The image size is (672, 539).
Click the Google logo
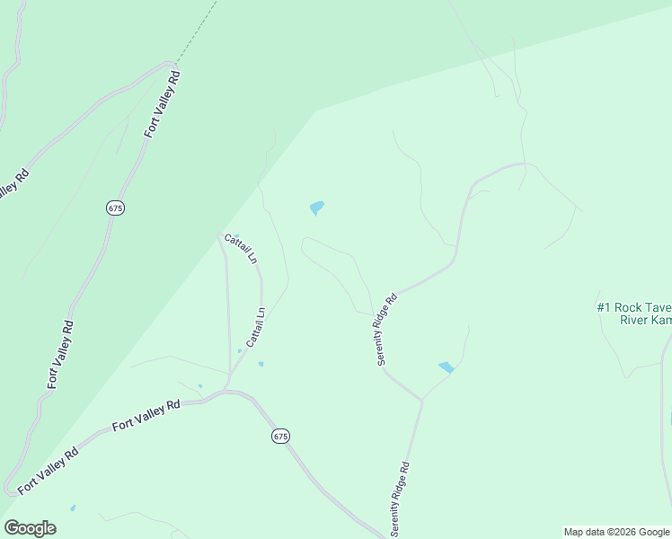[x=30, y=528]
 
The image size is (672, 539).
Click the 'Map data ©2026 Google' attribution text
[x=617, y=532]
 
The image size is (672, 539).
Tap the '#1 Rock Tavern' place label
[x=634, y=307]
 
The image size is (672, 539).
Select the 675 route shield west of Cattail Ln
[x=114, y=208]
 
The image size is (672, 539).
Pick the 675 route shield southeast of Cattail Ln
[x=280, y=436]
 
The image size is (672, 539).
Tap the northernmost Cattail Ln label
[x=241, y=248]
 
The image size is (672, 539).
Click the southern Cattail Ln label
[x=255, y=328]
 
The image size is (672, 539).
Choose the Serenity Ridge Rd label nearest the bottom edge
[x=401, y=499]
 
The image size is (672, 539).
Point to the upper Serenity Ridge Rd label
[x=386, y=330]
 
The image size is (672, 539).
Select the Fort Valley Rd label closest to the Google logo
[x=48, y=466]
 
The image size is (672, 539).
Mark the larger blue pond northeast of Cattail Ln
[x=316, y=208]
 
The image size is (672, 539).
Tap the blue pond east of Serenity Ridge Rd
[x=447, y=367]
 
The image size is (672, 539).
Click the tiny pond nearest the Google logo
[x=73, y=508]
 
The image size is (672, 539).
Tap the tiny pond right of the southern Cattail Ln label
[x=261, y=364]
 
